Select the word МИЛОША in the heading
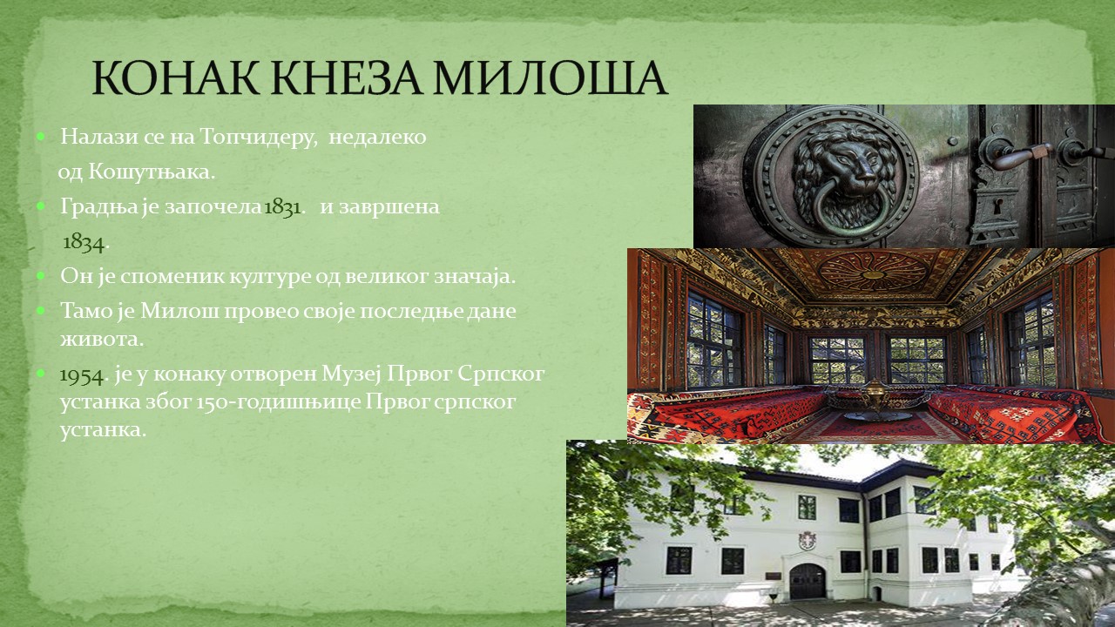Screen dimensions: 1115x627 coord(549,78)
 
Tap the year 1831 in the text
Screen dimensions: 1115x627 coord(282,207)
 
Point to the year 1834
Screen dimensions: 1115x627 coord(84,242)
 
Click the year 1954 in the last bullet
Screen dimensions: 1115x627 coord(82,375)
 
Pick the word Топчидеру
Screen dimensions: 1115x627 coord(258,138)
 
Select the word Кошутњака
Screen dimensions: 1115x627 coord(152,172)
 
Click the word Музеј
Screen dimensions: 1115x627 coord(351,374)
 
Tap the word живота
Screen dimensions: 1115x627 coord(102,340)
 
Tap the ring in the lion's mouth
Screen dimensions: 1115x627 coord(846,208)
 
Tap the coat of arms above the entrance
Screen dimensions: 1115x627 coord(807,541)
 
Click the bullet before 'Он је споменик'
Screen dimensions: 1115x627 coord(40,275)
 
